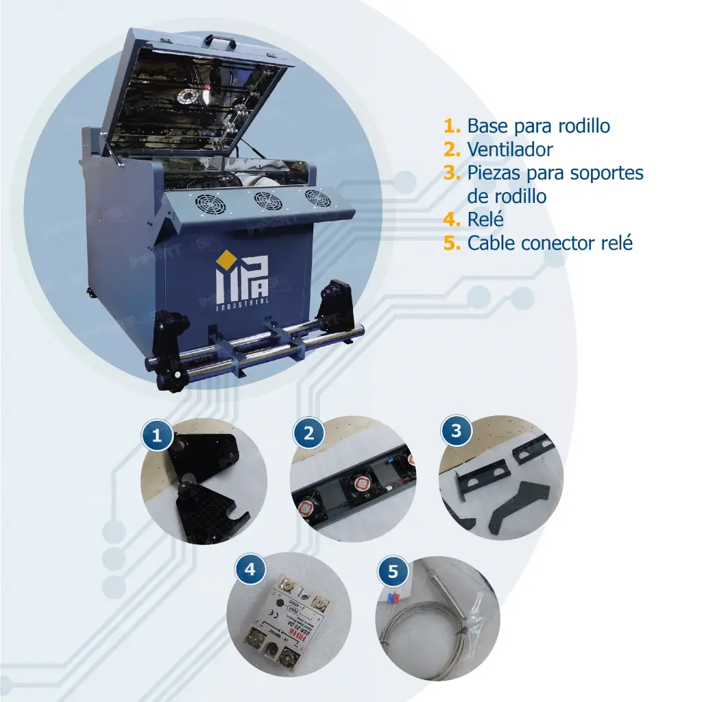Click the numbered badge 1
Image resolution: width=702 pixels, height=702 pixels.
point(158,436)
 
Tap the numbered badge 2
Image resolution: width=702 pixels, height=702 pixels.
point(308,433)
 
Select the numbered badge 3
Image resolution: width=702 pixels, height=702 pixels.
point(457,432)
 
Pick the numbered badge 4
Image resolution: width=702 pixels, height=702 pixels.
point(250,569)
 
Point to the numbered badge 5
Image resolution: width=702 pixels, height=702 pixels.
point(393,570)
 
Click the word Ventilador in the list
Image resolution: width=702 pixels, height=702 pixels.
point(509,149)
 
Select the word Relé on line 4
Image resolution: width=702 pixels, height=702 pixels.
point(485,219)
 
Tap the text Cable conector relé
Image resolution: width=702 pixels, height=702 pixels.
point(550,243)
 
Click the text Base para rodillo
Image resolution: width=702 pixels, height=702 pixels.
point(538,125)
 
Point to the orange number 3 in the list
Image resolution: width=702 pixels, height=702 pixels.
point(452,172)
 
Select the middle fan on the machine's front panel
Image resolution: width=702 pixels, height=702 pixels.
point(268,202)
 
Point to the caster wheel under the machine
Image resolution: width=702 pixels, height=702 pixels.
point(90,293)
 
